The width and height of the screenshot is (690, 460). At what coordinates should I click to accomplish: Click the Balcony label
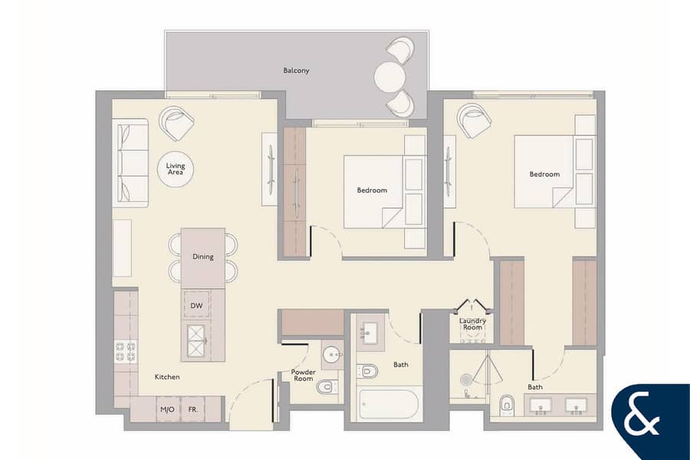[x=296, y=71]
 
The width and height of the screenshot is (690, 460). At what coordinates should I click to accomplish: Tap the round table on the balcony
[x=389, y=77]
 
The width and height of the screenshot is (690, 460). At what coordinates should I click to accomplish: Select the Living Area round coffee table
[x=176, y=169]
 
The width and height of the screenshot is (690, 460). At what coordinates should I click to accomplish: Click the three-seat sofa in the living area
[x=130, y=163]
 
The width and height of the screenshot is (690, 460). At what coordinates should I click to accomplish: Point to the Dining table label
[x=203, y=256]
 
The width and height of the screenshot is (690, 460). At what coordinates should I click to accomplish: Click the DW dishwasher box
[x=197, y=304]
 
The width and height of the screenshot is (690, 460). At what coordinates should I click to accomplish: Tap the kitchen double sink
[x=197, y=340]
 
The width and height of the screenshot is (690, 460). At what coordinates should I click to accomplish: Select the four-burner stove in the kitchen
[x=126, y=352]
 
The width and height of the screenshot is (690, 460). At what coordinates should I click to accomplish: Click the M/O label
[x=167, y=409]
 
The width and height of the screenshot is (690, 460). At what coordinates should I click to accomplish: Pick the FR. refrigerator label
[x=192, y=409]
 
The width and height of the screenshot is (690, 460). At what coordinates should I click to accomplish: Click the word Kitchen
[x=167, y=376]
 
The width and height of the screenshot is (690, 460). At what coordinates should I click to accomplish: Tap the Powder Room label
[x=303, y=375]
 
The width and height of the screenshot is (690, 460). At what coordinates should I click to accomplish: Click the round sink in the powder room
[x=332, y=353]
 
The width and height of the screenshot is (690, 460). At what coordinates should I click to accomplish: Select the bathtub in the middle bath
[x=388, y=404]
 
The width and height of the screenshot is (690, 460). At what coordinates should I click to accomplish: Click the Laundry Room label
[x=472, y=324]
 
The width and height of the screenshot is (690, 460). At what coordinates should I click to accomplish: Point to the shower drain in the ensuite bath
[x=466, y=379]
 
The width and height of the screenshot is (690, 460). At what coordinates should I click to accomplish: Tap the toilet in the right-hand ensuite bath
[x=507, y=405]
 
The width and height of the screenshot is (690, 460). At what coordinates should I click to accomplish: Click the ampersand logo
[x=642, y=417]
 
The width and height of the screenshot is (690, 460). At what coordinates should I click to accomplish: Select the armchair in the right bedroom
[x=474, y=120]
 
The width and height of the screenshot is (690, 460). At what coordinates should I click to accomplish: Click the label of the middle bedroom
[x=372, y=190]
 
